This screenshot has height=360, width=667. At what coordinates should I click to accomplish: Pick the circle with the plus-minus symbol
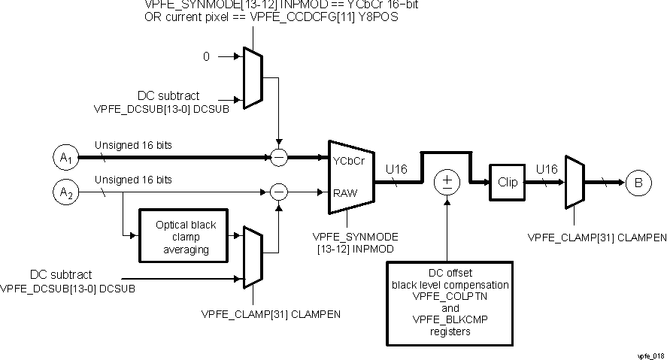(x=447, y=181)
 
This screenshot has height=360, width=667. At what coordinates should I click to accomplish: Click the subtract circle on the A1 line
(x=279, y=159)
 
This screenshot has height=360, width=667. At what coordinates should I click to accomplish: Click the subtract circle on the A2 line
(x=279, y=192)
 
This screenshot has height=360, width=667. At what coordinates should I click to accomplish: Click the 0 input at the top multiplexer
(x=207, y=56)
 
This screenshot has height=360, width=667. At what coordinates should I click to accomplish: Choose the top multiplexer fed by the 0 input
(x=253, y=77)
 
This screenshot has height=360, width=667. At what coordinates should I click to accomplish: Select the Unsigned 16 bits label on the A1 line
(x=133, y=146)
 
